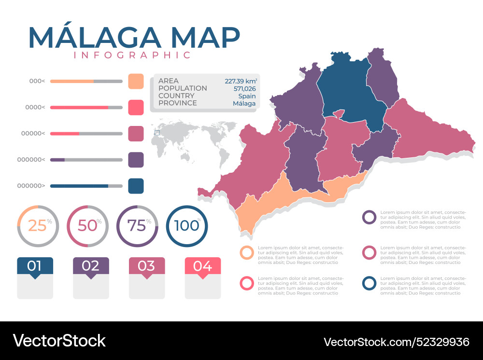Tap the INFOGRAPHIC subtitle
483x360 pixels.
pos(132,55)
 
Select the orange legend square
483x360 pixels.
pos(136,82)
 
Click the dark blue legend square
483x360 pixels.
pos(136,186)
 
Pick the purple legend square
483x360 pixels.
pos(136,160)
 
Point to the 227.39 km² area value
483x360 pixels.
pos(241,81)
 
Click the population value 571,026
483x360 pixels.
pos(244,88)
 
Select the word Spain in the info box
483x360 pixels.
pos(247,96)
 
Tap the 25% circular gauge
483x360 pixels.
pos(38,225)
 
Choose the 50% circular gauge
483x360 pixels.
pos(87,225)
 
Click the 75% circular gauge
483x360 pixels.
pos(137,225)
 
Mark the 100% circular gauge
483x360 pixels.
pos(187,225)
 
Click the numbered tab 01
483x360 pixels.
pos(35,266)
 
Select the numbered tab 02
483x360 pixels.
pos(91,266)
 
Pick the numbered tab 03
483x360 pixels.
pos(147,266)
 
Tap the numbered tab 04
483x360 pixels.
pos(203,266)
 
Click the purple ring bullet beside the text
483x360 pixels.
pos(369,218)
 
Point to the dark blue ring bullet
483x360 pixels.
pos(369,283)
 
